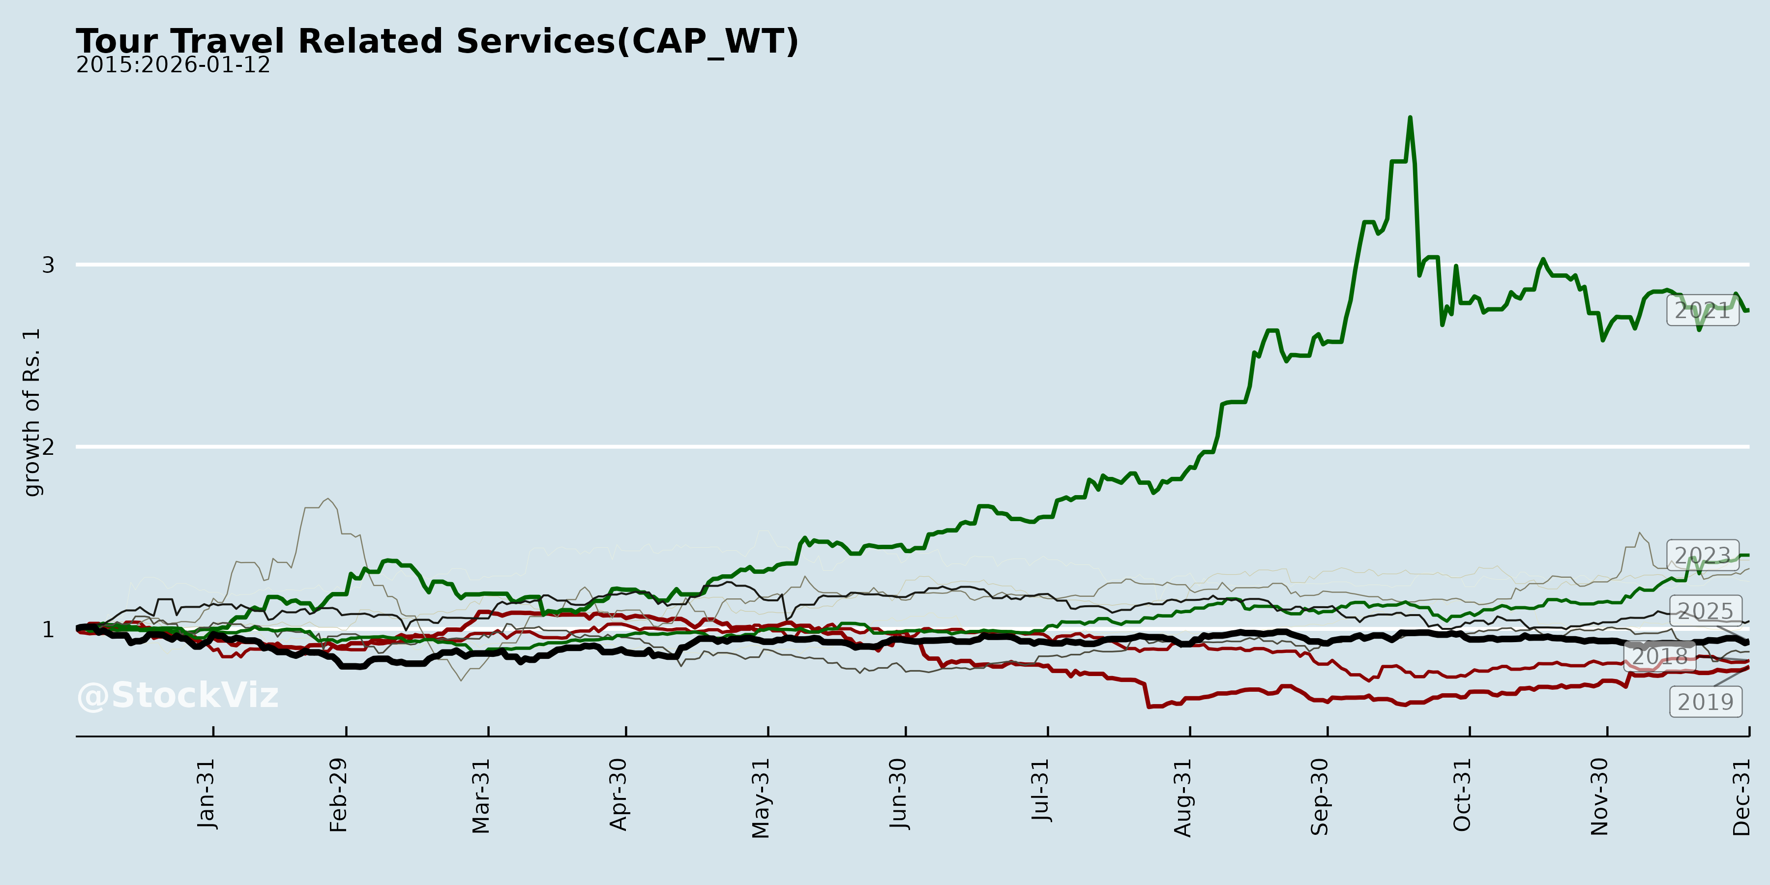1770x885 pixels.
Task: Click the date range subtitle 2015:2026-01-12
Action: [173, 65]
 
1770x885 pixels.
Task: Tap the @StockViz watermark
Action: [178, 695]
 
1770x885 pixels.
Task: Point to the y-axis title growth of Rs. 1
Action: [31, 413]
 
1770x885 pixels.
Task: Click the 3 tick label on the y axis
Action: [48, 265]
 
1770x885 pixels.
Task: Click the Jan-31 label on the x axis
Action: [206, 794]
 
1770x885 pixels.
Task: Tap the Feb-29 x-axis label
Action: [339, 795]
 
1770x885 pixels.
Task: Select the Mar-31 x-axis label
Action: [481, 796]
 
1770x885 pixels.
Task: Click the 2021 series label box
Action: [1703, 311]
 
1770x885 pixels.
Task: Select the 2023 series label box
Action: [1703, 555]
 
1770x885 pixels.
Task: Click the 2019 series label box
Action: [1706, 702]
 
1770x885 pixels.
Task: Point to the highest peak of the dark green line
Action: [1410, 118]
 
